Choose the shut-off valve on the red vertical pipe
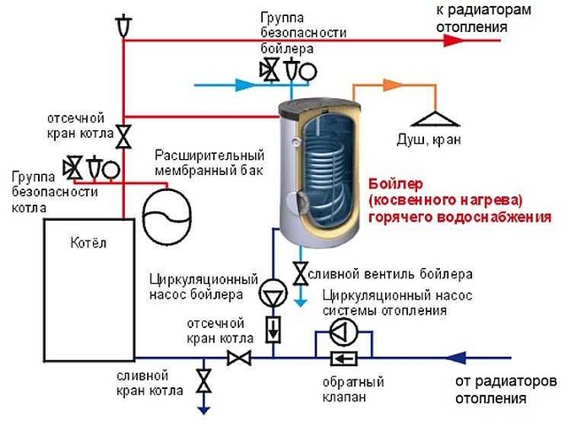[124, 135]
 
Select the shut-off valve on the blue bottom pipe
[239, 358]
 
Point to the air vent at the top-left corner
[124, 25]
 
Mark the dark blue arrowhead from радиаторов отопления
[457, 357]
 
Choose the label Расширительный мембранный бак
[209, 163]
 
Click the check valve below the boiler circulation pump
[273, 329]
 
